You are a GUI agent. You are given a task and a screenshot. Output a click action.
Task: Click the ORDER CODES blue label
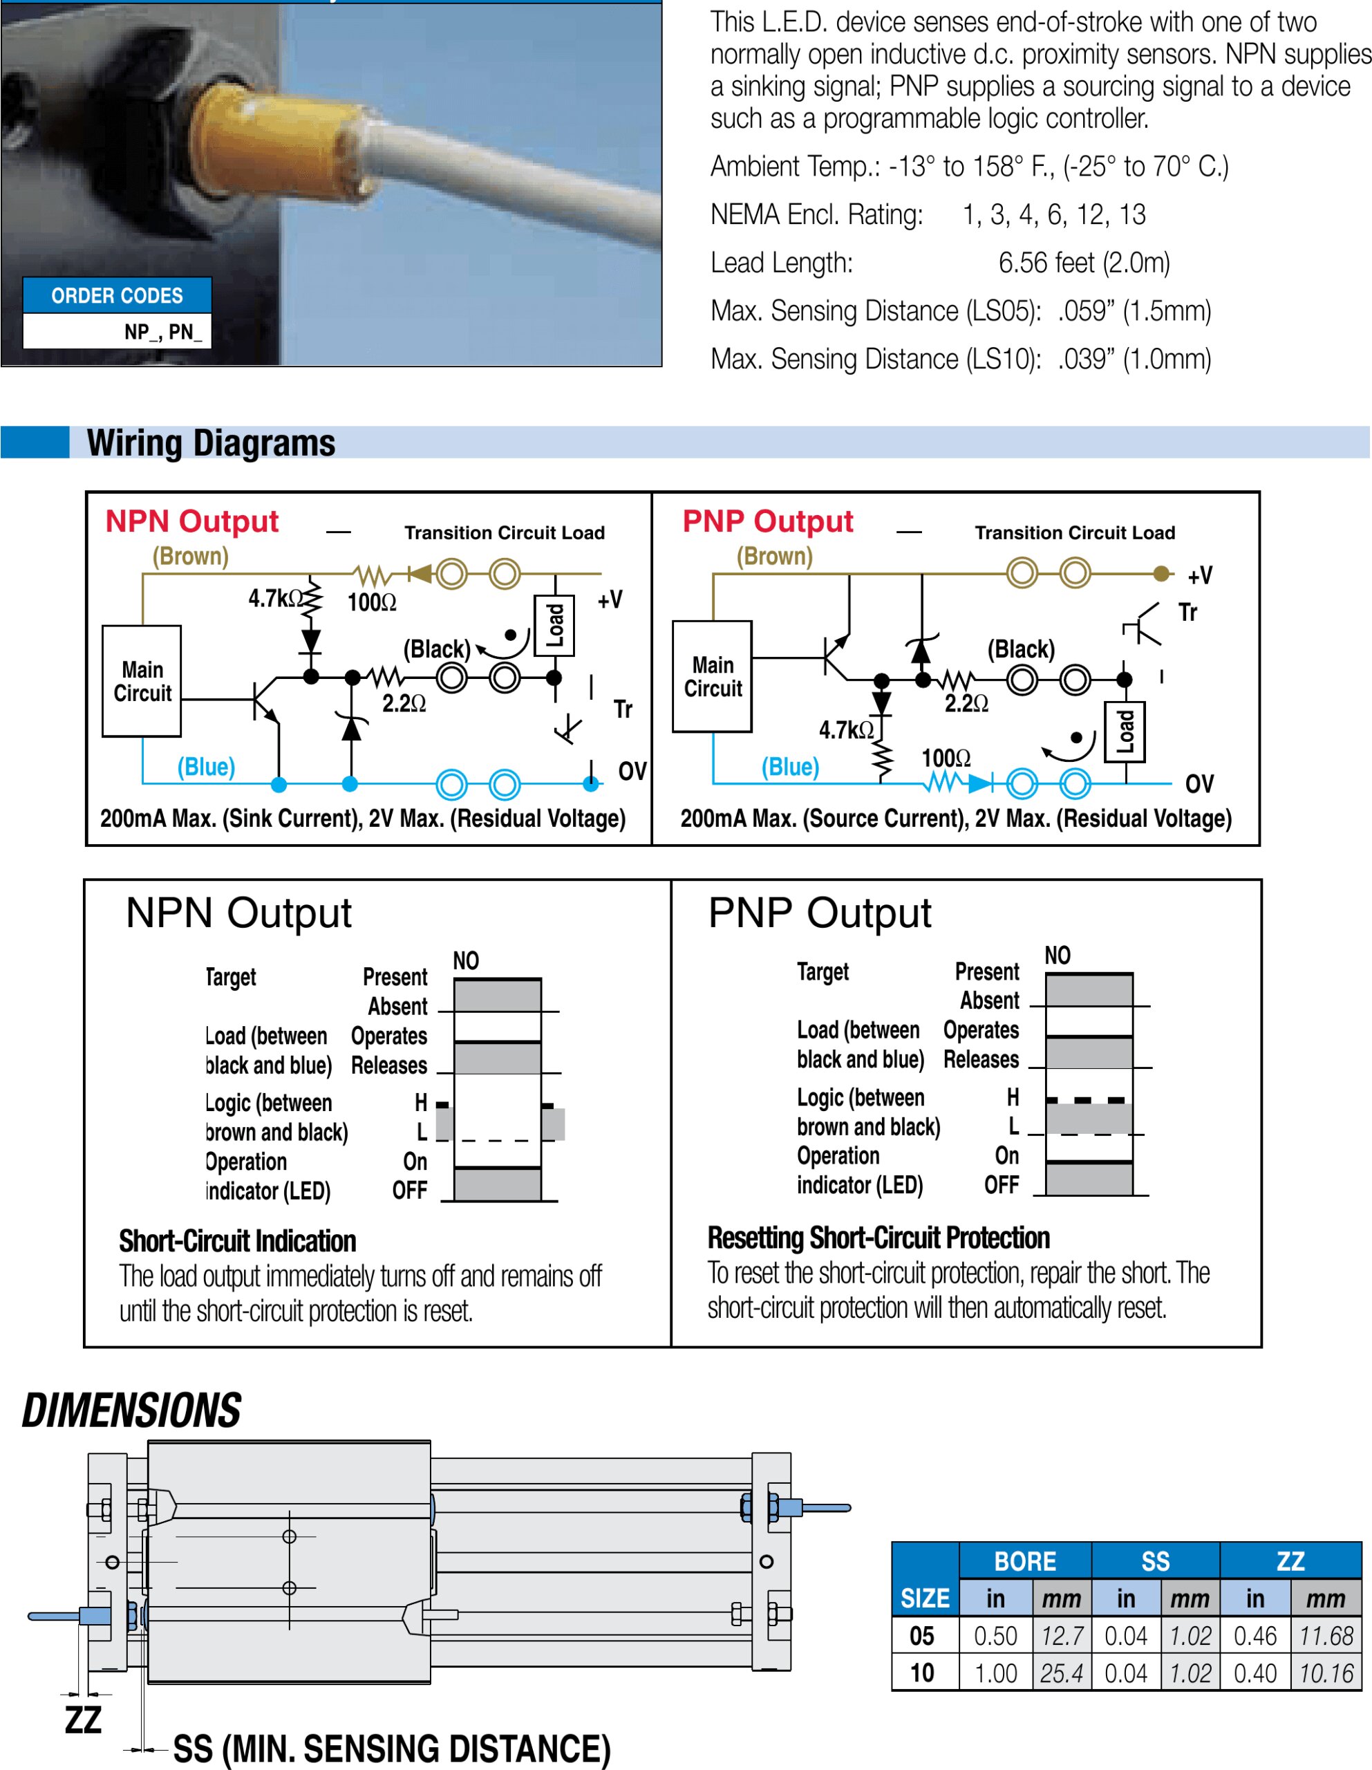(117, 295)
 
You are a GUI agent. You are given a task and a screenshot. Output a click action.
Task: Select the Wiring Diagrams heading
(211, 443)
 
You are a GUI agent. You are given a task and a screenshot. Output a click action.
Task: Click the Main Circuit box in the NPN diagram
(141, 681)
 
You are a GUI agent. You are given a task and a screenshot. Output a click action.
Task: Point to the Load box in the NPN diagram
(554, 626)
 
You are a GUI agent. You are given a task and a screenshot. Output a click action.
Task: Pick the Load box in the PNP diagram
(1125, 731)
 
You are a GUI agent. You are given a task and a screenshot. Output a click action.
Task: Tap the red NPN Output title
(192, 521)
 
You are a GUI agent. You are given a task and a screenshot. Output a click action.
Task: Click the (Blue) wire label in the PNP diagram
(789, 767)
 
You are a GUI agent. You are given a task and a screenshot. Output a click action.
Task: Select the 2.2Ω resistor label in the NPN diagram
(404, 703)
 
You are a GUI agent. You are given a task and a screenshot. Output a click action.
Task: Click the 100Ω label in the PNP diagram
(945, 758)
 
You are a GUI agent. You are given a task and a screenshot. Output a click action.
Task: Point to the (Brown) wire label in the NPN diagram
(191, 556)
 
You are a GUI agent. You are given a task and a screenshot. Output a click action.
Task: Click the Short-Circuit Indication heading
(238, 1241)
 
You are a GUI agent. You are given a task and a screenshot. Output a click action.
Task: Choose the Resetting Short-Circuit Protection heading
(878, 1238)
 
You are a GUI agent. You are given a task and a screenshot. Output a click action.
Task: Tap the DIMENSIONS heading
(131, 1411)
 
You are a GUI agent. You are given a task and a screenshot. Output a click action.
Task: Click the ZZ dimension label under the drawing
(83, 1720)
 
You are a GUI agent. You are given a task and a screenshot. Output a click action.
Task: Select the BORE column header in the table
(1024, 1561)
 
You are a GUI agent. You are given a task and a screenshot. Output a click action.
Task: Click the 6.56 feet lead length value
(1084, 263)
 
